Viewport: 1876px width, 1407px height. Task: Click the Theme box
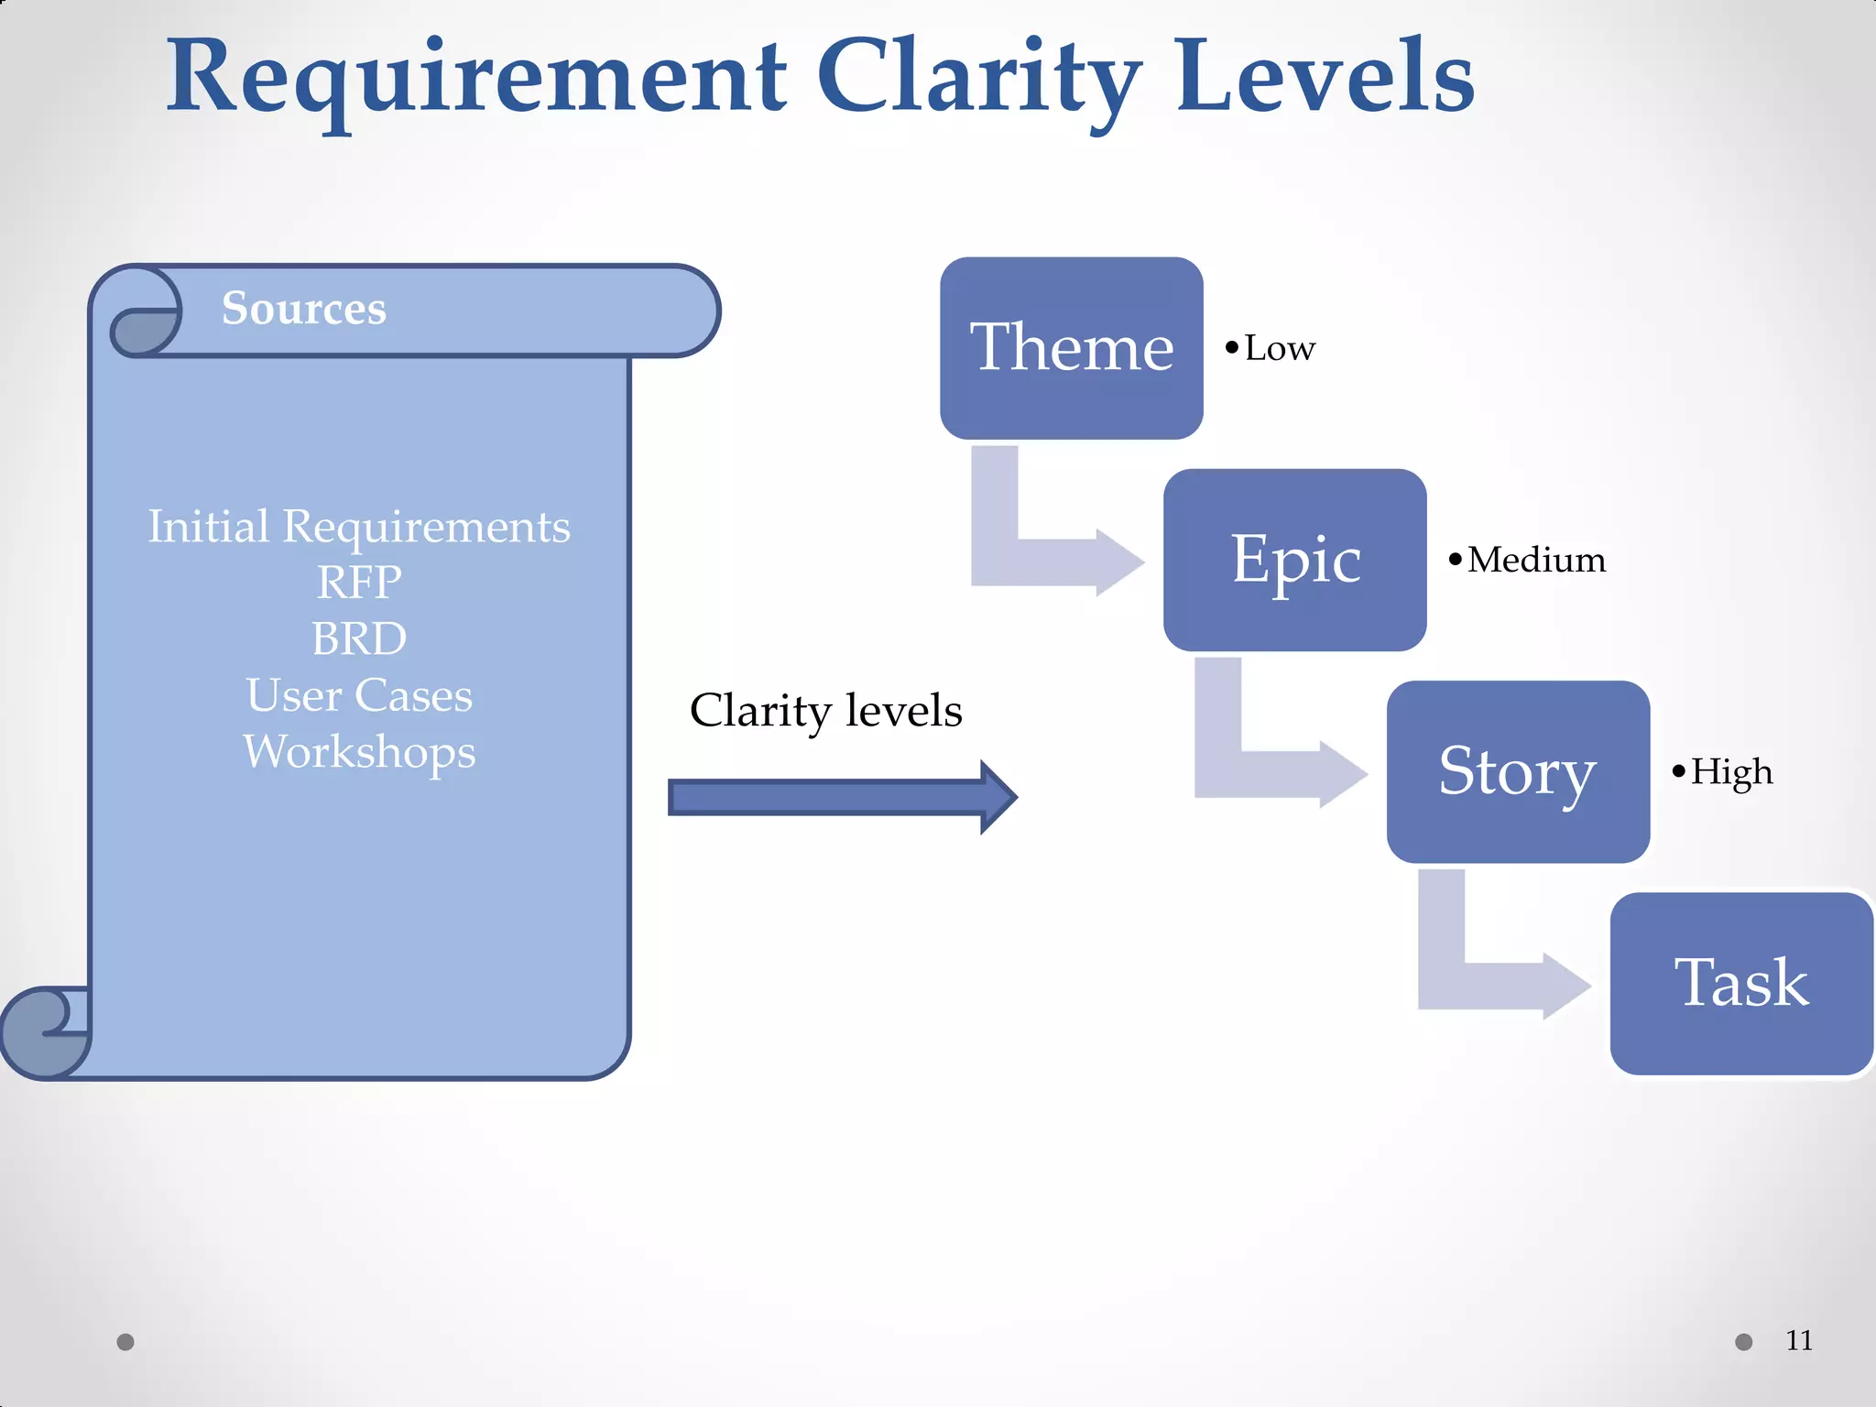tap(1071, 348)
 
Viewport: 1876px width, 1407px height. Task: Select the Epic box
tap(1294, 560)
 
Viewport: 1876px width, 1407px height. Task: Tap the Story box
tap(1518, 771)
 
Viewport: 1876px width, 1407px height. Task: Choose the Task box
tap(1741, 983)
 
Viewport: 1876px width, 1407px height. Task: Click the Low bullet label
tap(1278, 349)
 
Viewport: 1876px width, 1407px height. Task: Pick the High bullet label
tap(1729, 772)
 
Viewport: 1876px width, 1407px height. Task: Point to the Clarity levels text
tap(825, 711)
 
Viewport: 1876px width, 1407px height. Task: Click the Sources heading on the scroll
tap(303, 308)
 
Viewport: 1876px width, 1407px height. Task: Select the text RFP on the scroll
tap(359, 583)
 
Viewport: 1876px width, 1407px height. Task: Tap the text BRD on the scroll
tap(359, 639)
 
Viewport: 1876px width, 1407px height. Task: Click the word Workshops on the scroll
tap(359, 752)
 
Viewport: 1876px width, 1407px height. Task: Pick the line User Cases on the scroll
tap(359, 695)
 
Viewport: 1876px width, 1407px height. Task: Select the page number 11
tap(1799, 1341)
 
